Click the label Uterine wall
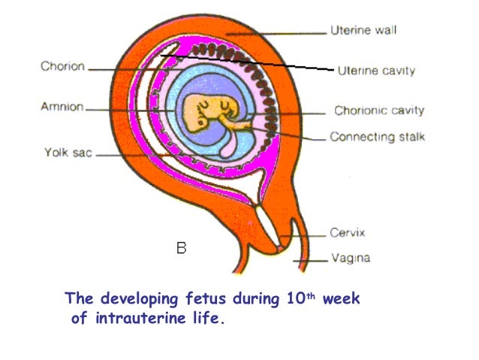[363, 31]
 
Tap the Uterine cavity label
[372, 71]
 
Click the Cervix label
[346, 234]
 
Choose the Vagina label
[350, 259]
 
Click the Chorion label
[62, 66]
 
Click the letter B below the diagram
[181, 247]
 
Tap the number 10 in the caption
[295, 298]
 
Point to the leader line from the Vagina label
[312, 260]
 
